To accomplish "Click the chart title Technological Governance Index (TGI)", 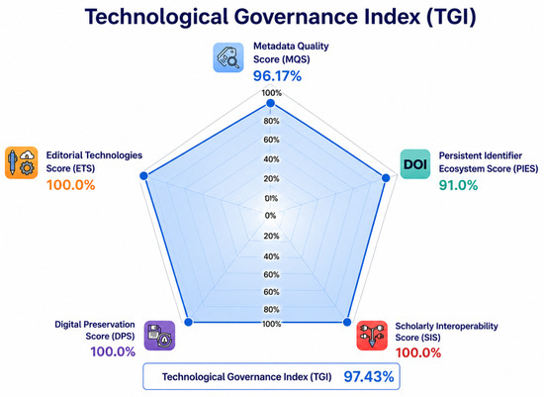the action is tap(280, 17).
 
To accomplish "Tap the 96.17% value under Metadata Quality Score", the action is tap(277, 76).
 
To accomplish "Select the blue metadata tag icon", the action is tap(228, 57).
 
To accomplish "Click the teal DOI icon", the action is tap(415, 164).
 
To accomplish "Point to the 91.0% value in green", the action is tap(458, 185).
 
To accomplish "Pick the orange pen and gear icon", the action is tap(22, 162).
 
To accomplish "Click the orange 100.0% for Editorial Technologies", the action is tap(71, 185).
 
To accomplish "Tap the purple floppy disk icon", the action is tap(159, 336).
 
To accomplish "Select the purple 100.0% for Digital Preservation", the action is tap(113, 351).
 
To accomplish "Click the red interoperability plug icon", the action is tap(372, 336).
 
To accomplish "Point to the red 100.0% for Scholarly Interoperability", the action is tap(418, 352).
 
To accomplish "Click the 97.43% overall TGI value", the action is tap(369, 377).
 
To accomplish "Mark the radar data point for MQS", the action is tap(270, 104).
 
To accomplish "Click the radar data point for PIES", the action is tap(386, 178).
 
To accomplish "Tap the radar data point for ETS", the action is tap(143, 176).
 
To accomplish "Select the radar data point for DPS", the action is tap(188, 322).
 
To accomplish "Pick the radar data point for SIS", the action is tap(347, 322).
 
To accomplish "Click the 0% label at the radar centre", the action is tap(270, 216).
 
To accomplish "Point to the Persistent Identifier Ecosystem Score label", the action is tap(489, 162).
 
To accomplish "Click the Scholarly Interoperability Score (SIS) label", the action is tap(446, 332).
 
